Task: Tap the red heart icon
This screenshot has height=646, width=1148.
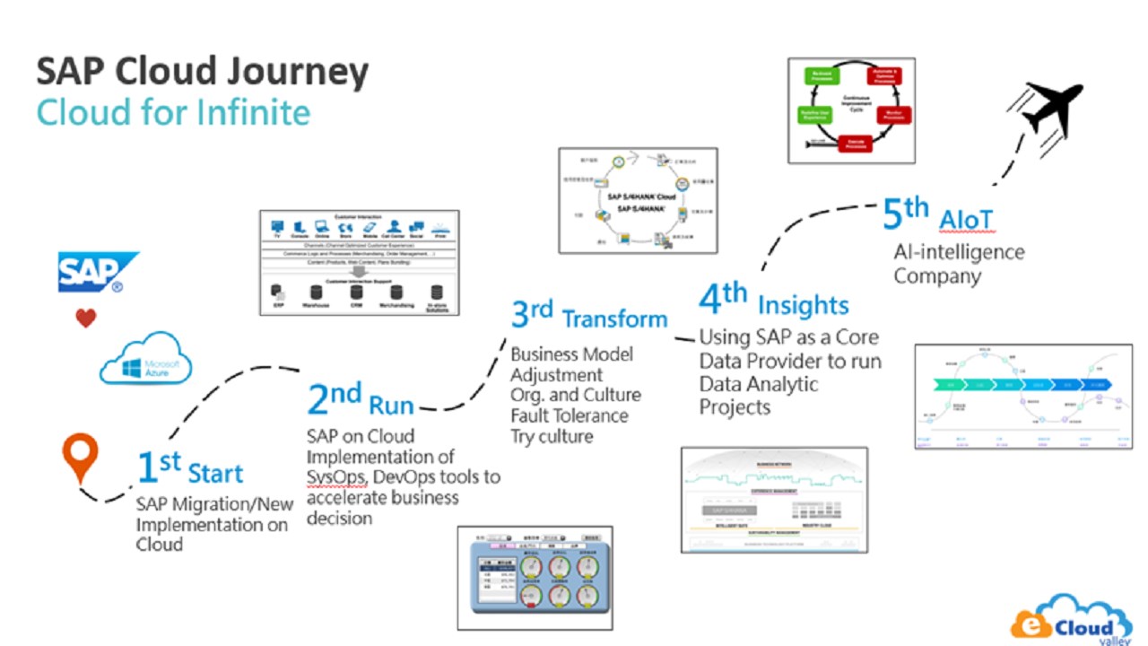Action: [85, 318]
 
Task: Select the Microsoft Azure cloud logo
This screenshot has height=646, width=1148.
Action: [146, 358]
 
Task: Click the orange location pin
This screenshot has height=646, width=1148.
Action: [80, 457]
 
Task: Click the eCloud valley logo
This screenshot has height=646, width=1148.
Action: [1071, 619]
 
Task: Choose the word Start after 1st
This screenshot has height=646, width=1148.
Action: [215, 473]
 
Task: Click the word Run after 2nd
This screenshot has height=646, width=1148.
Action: [391, 406]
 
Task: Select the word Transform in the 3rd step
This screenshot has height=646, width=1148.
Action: [614, 319]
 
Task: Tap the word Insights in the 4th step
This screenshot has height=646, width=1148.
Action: [803, 306]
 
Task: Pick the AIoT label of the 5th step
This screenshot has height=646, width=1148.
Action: [966, 219]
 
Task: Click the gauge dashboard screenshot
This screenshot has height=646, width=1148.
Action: [535, 578]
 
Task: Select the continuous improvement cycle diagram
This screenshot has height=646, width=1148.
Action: [850, 110]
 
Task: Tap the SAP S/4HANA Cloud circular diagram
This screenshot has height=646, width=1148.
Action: [637, 200]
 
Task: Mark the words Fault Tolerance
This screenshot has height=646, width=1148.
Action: [570, 416]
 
